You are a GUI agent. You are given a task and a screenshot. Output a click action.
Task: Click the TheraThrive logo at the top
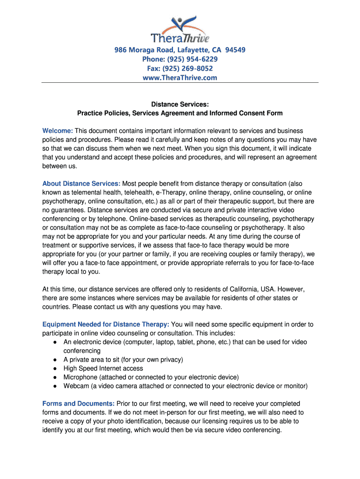click(x=180, y=29)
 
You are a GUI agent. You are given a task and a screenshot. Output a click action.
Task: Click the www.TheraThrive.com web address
click(x=180, y=78)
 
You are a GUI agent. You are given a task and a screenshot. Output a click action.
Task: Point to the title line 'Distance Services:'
click(x=180, y=104)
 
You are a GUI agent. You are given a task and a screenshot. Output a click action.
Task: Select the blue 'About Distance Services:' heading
click(x=81, y=183)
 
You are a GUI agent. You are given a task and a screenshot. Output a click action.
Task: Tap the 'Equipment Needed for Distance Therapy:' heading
click(x=106, y=324)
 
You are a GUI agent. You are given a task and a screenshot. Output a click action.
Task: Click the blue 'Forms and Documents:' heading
click(x=79, y=404)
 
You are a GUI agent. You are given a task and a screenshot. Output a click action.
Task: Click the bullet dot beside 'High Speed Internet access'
click(x=55, y=369)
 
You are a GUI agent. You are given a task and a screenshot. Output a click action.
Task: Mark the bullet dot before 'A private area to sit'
click(x=55, y=360)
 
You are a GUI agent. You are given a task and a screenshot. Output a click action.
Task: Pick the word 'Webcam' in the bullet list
click(x=76, y=386)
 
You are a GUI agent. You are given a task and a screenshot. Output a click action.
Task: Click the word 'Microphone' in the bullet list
click(x=80, y=377)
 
